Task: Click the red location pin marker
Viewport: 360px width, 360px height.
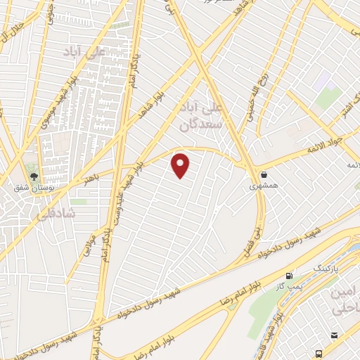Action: pos(181,165)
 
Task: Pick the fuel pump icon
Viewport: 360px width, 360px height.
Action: pos(289,275)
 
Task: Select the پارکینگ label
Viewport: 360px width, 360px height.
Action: pos(324,269)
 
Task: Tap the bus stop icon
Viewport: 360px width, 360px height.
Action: pos(320,353)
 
